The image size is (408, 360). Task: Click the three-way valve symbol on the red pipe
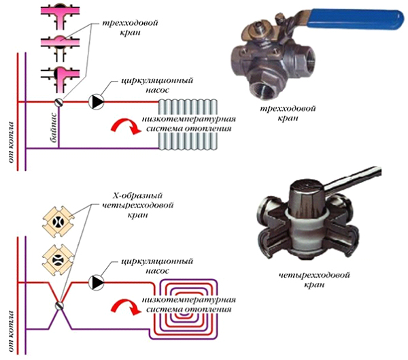click(59, 102)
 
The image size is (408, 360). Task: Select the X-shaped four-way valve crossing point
click(59, 306)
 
